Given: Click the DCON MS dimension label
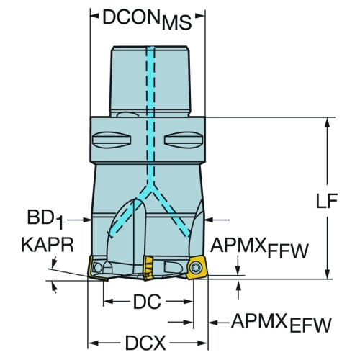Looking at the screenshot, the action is (147, 20).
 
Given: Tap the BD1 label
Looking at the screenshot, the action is (45, 220).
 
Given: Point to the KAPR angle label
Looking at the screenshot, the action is (48, 245).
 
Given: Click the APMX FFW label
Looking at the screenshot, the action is (259, 248).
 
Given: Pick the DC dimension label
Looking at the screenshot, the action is (147, 302).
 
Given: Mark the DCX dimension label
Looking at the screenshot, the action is (145, 343).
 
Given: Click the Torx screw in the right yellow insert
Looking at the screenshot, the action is (194, 267).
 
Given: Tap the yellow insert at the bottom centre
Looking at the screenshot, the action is (149, 268).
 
